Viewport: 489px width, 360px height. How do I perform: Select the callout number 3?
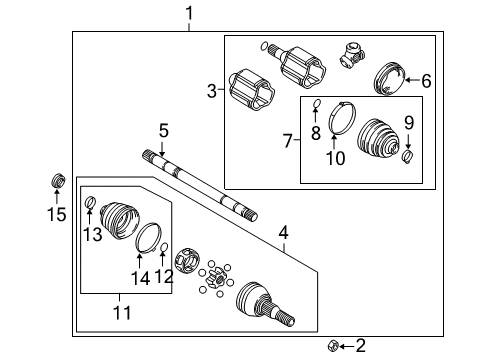pyautogui.click(x=211, y=92)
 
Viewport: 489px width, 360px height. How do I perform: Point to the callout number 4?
pyautogui.click(x=283, y=234)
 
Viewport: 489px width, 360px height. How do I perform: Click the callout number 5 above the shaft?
pyautogui.click(x=161, y=130)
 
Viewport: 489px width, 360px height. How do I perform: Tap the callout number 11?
pyautogui.click(x=407, y=122)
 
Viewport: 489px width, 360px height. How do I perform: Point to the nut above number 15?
pyautogui.click(x=164, y=276)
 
